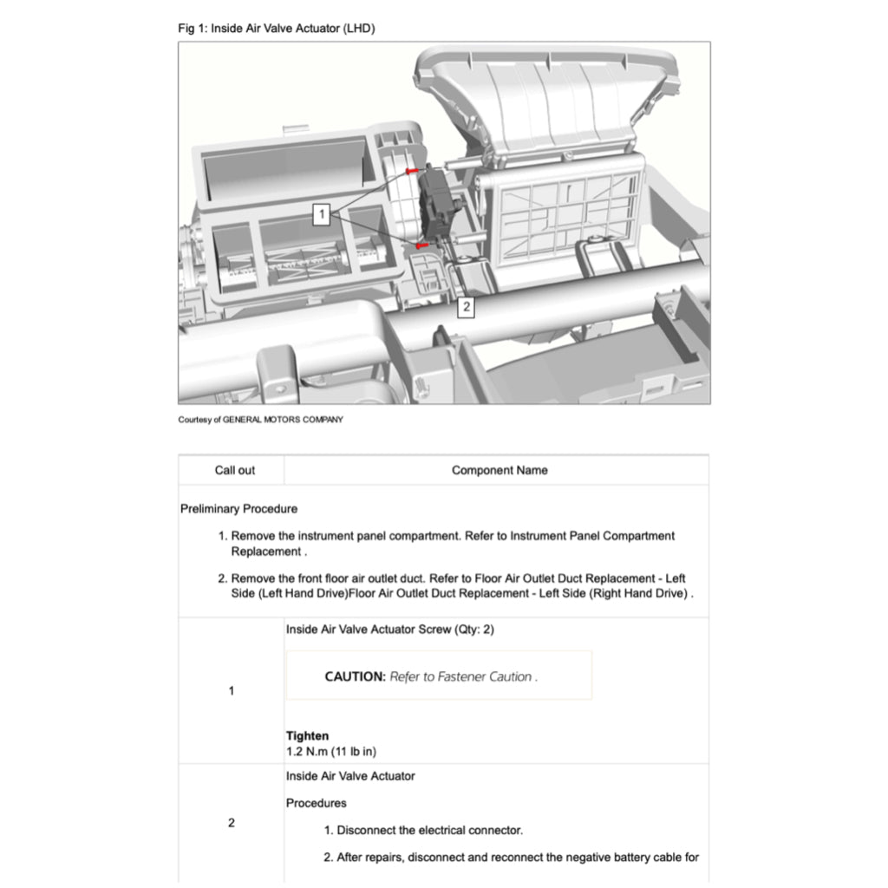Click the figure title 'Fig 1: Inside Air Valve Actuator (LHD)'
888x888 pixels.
point(276,29)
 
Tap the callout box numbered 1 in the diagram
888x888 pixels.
point(321,214)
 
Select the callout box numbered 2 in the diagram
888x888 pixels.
point(466,307)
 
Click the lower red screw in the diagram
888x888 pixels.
point(421,246)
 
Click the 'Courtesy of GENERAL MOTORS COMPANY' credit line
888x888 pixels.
point(260,420)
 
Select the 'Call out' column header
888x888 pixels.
point(235,470)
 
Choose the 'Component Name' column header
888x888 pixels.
point(499,470)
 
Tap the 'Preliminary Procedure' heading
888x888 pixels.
point(238,508)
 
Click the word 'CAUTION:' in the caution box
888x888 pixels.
point(355,676)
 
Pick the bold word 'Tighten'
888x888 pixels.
point(307,735)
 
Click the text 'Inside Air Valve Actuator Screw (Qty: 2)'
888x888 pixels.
point(390,629)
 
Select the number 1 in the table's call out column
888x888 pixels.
point(231,691)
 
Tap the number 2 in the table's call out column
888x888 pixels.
point(231,822)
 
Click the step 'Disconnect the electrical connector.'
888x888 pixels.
point(429,830)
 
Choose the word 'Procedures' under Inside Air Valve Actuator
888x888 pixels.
point(316,803)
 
